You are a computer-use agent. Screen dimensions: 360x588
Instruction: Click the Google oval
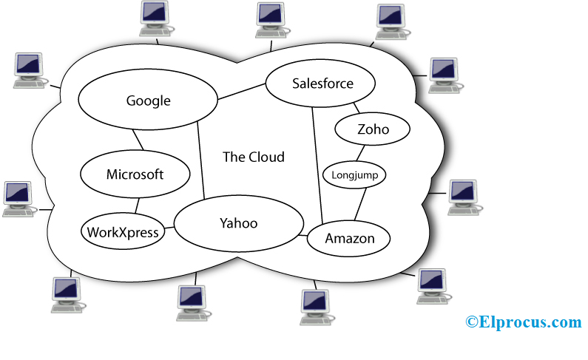pyautogui.click(x=148, y=101)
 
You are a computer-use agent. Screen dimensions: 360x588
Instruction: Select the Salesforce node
pyautogui.click(x=322, y=84)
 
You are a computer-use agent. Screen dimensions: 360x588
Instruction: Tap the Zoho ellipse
pyautogui.click(x=373, y=130)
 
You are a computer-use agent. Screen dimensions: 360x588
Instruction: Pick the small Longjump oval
pyautogui.click(x=355, y=175)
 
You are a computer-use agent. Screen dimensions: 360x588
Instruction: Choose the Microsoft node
pyautogui.click(x=135, y=175)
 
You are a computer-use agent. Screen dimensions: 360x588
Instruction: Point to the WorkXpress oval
pyautogui.click(x=123, y=232)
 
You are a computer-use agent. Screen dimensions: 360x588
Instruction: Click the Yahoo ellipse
pyautogui.click(x=238, y=223)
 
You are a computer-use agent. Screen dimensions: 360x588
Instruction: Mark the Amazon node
pyautogui.click(x=350, y=239)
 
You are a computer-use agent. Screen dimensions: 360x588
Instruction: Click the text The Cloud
pyautogui.click(x=254, y=157)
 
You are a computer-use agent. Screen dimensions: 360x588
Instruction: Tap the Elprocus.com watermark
pyautogui.click(x=524, y=322)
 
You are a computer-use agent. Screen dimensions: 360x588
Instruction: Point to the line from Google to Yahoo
pyautogui.click(x=201, y=163)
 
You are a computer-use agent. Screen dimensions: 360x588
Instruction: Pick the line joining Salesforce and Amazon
pyautogui.click(x=317, y=163)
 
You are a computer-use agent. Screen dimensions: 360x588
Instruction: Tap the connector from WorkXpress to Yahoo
pyautogui.click(x=169, y=228)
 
